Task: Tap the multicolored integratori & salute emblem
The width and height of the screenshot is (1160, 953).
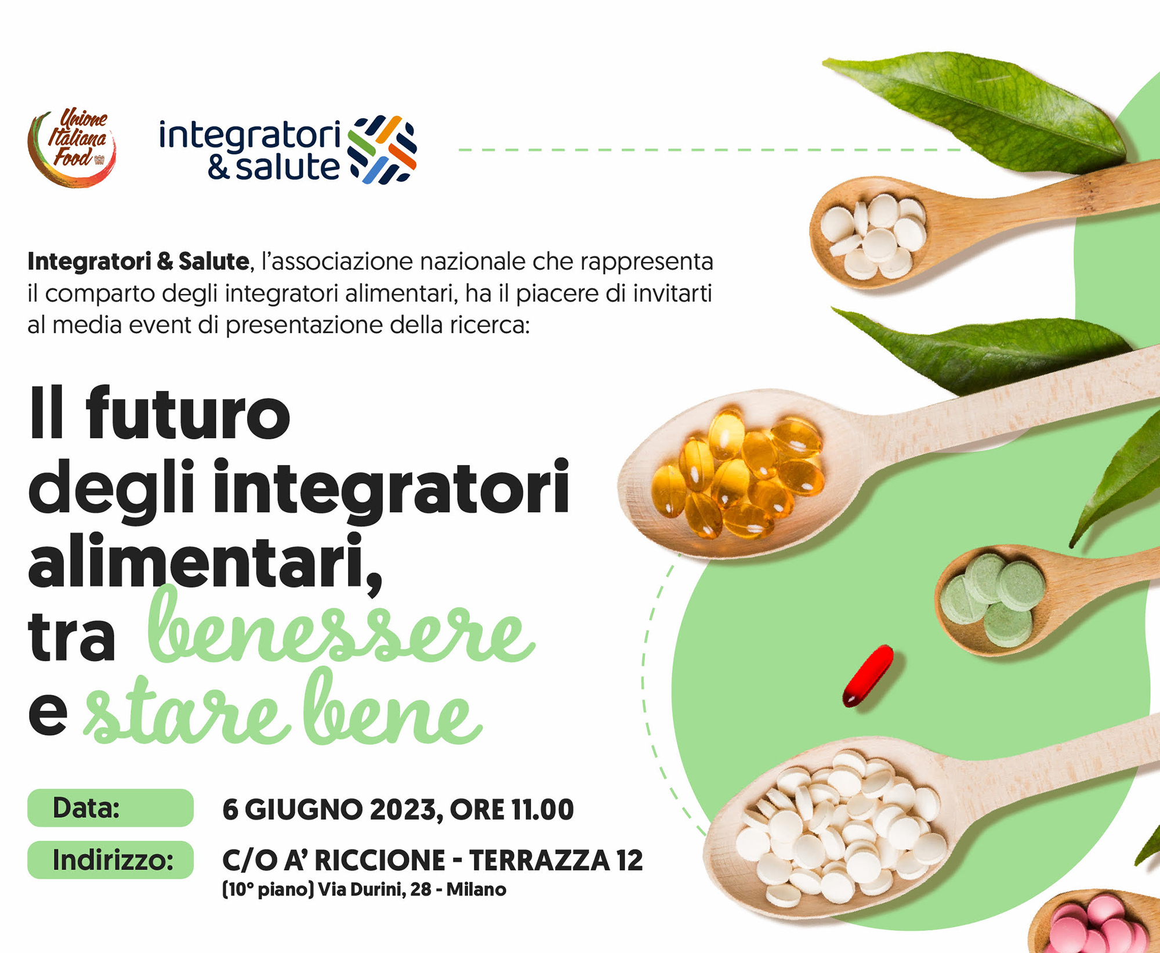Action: [x=382, y=150]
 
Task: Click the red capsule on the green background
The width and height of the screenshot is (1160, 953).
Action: [x=868, y=676]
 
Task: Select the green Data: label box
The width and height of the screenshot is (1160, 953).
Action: [x=110, y=807]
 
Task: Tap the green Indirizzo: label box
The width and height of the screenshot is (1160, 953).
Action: [x=110, y=860]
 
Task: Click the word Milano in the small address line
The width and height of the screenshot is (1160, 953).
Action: [x=476, y=889]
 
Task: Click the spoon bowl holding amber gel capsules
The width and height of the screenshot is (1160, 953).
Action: [x=737, y=473]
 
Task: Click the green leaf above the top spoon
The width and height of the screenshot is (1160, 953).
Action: [x=980, y=110]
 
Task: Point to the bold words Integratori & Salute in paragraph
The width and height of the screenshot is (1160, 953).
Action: [x=138, y=262]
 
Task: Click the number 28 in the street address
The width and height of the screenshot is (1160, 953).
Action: [x=420, y=889]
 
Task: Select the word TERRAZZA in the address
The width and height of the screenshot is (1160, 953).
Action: [x=539, y=860]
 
